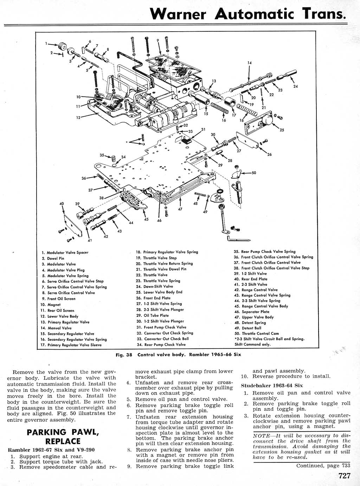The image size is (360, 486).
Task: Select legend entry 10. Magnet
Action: tap(51, 305)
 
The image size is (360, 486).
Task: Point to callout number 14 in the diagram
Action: tap(250, 63)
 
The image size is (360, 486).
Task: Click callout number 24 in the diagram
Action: tap(295, 87)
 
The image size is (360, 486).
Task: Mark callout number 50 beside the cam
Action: tap(254, 173)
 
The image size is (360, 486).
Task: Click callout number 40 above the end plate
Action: tap(62, 204)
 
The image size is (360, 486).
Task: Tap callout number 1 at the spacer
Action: tap(46, 44)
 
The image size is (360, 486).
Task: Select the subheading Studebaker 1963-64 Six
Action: tap(272, 385)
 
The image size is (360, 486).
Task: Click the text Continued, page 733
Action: tap(323, 466)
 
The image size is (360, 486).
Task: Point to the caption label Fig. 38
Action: tap(124, 354)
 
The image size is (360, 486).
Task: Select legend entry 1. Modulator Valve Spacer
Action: tap(65, 252)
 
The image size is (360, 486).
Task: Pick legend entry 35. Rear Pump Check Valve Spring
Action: tap(264, 251)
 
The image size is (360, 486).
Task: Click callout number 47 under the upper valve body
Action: tap(180, 209)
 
